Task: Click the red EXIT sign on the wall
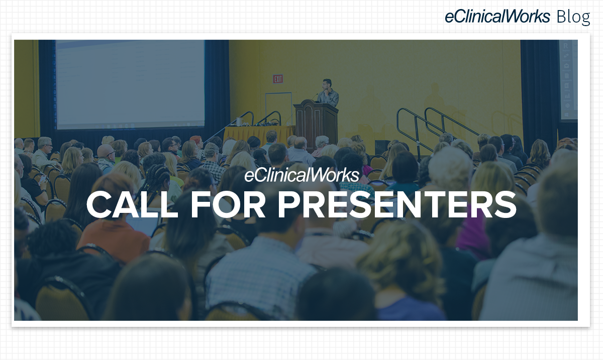coord(278,79)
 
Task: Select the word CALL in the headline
coord(132,204)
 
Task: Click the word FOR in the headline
coord(228,204)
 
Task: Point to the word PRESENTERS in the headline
coord(397,204)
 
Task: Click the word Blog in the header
coord(573,17)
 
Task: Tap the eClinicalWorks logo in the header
coord(497,16)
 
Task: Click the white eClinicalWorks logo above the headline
coord(302,175)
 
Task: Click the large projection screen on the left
coord(130,84)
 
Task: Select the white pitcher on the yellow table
coord(239,122)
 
